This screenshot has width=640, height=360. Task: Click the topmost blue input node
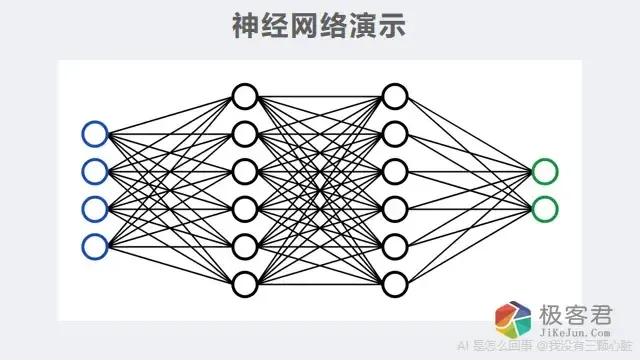tap(95, 133)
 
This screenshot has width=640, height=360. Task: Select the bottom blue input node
tap(95, 246)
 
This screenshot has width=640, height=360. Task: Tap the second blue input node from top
tap(95, 171)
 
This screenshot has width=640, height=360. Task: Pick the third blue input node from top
tap(95, 209)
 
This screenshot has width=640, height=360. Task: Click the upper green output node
tap(545, 171)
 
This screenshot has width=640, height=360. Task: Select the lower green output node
tap(545, 209)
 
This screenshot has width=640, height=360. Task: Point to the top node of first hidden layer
tap(245, 96)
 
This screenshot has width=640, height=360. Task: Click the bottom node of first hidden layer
tap(245, 284)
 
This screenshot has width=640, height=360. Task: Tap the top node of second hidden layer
tap(395, 96)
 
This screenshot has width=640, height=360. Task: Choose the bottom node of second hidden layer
tap(395, 284)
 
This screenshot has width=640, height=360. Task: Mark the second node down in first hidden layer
tap(245, 133)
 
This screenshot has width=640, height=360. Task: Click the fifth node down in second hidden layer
tap(395, 246)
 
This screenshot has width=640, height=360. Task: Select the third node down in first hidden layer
tap(245, 171)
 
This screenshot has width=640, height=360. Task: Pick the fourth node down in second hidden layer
tap(395, 209)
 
